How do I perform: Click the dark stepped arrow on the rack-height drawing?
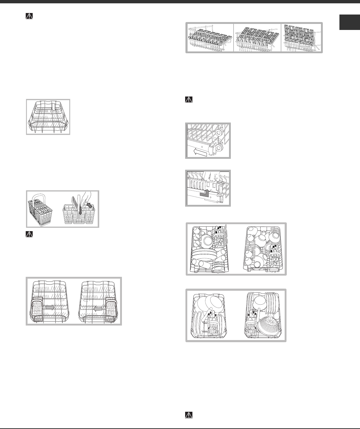pyautogui.click(x=205, y=193)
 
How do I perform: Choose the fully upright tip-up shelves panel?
pyautogui.click(x=301, y=38)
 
